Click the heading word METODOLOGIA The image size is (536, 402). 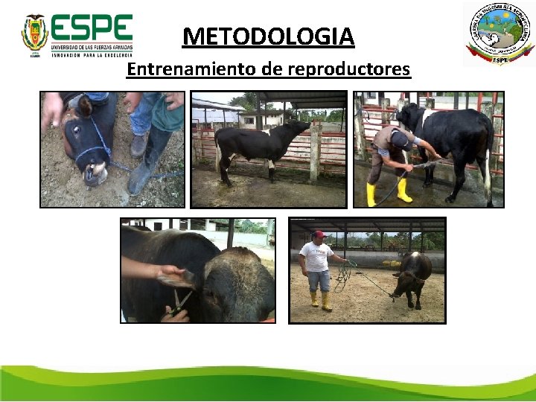tap(268, 36)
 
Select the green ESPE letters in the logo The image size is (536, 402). tap(92, 29)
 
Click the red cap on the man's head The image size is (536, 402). tap(319, 235)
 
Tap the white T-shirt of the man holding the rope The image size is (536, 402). tap(317, 257)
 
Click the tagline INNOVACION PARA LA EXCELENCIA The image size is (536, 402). tap(91, 55)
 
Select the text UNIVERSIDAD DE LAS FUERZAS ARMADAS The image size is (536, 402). tap(91, 47)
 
